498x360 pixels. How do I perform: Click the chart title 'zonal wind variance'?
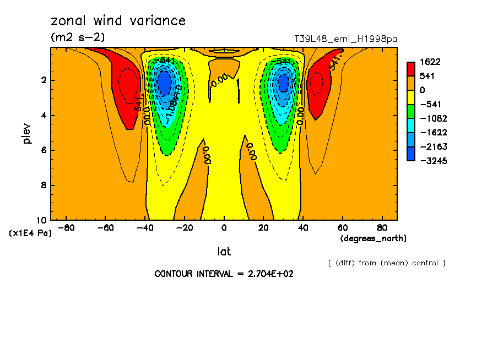pos(118,21)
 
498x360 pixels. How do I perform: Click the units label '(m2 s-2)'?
pos(78,37)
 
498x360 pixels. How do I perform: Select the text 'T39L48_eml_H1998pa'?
pos(346,39)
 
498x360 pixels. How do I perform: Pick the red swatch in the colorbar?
pos(411,69)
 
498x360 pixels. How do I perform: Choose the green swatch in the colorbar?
pos(411,111)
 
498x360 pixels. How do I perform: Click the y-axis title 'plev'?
pos(26,133)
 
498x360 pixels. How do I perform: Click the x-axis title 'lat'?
pos(224,252)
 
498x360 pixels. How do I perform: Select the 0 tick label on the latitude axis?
pos(224,227)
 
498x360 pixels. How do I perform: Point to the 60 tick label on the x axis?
pos(342,227)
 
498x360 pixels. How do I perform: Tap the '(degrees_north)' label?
pos(373,238)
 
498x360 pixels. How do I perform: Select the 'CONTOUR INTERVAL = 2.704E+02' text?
pos(224,274)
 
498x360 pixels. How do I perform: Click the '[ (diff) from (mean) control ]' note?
pos(386,263)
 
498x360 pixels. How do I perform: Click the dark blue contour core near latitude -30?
pos(164,84)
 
